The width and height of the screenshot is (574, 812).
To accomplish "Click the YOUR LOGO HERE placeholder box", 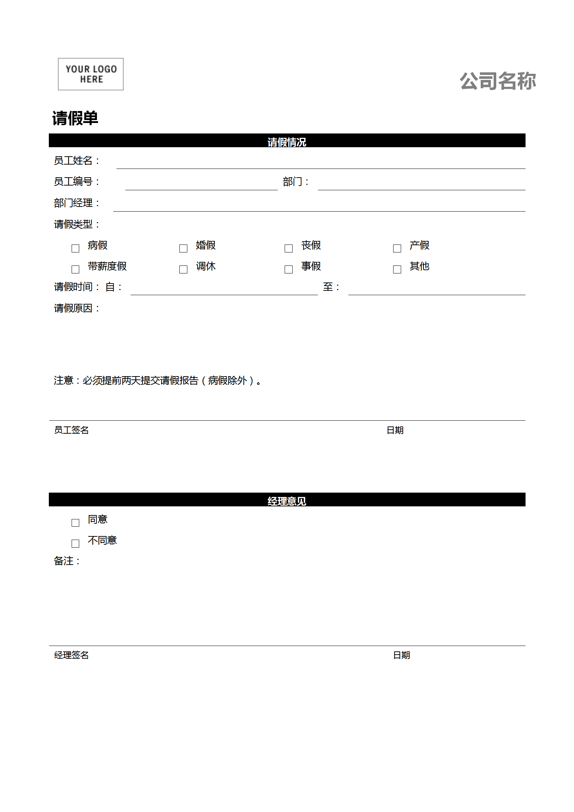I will point(91,74).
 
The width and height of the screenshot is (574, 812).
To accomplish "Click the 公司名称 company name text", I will point(498,81).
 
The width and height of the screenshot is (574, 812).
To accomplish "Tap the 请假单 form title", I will point(75,118).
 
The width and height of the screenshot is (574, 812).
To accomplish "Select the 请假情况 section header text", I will point(287,142).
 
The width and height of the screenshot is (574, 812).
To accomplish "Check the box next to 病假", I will point(75,248).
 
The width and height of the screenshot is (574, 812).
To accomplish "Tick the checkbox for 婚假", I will point(183,248).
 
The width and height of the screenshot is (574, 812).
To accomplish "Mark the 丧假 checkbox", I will point(289,248).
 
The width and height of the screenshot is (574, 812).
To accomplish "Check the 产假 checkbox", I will point(397,248).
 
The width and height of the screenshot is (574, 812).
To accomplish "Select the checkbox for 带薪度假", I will point(75,269).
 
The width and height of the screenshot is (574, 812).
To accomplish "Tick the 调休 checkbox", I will point(183,269).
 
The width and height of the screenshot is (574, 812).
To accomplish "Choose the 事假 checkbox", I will point(289,269).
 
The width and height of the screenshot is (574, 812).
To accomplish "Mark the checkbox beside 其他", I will point(397,269).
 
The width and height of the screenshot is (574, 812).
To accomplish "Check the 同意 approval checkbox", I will point(75,523).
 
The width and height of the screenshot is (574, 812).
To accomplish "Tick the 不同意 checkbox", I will point(75,544).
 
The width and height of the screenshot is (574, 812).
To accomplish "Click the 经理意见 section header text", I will point(287,501).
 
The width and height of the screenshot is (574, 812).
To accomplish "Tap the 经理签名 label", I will point(71,655).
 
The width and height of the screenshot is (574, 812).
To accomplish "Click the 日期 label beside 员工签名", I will point(395,430).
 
